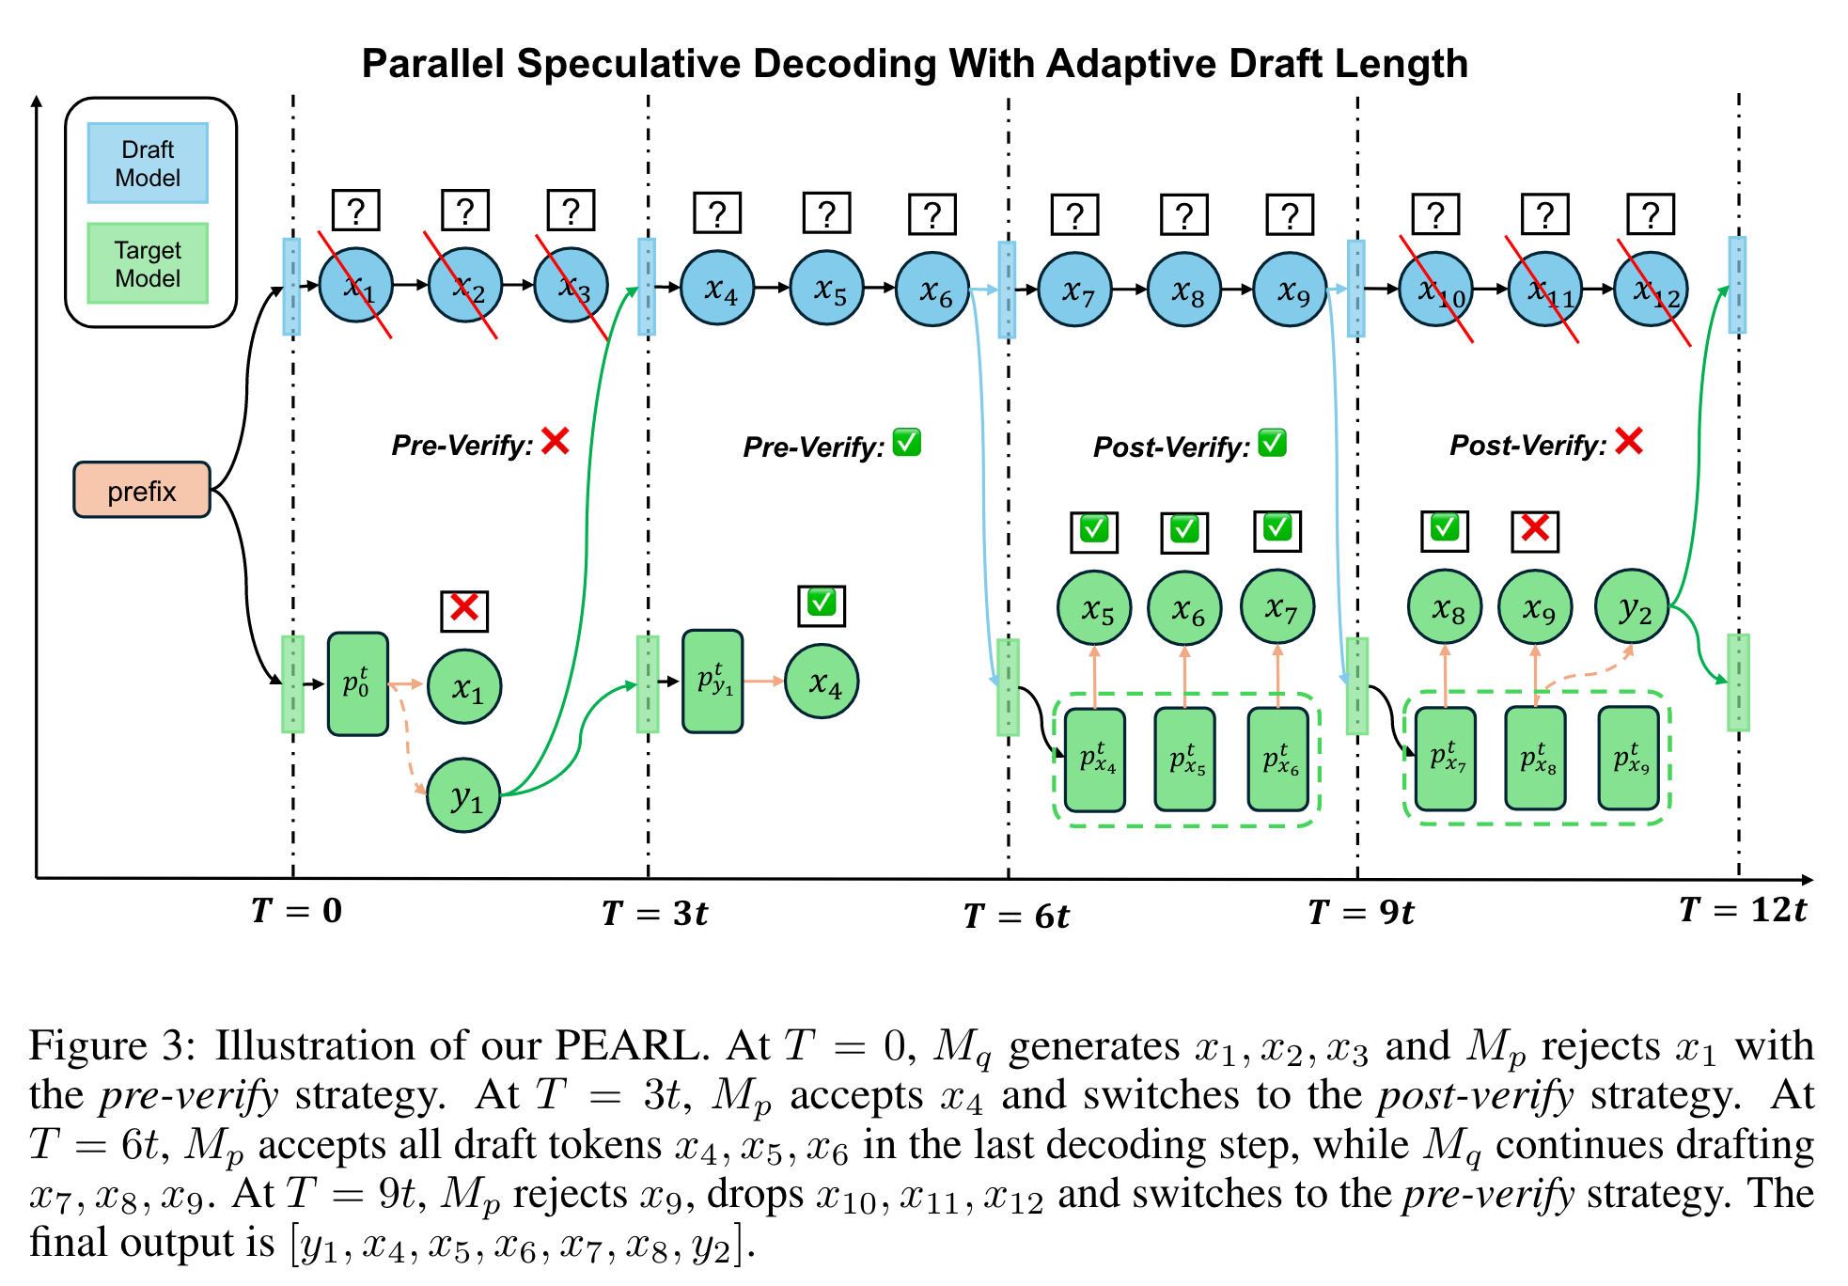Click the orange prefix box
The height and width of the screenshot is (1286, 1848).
click(x=142, y=490)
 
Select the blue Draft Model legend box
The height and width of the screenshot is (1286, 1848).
click(x=148, y=163)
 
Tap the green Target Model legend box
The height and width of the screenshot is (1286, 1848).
click(x=148, y=263)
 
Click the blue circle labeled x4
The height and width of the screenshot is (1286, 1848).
click(x=717, y=289)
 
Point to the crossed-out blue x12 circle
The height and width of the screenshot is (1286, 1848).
click(x=1651, y=290)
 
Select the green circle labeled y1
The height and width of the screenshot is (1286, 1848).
click(x=463, y=796)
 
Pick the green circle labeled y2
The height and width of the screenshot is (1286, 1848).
click(x=1632, y=607)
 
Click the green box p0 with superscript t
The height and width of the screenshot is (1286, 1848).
click(x=357, y=683)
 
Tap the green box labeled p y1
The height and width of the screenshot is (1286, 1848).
click(x=713, y=682)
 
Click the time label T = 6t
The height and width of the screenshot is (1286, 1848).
click(x=1016, y=916)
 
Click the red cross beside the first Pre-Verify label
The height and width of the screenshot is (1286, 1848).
click(x=556, y=441)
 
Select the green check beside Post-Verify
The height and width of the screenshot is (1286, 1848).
click(x=1272, y=443)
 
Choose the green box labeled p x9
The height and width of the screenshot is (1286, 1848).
click(x=1628, y=759)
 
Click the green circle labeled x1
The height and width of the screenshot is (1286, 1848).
click(x=464, y=687)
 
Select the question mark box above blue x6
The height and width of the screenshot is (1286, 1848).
click(x=932, y=214)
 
